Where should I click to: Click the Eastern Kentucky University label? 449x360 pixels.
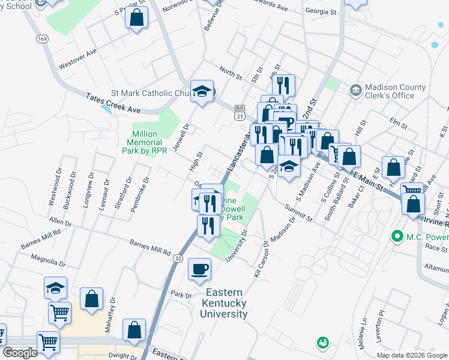(x=223, y=303)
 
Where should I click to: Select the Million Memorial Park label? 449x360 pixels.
(x=145, y=143)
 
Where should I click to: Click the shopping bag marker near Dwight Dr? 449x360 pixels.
(x=134, y=330)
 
